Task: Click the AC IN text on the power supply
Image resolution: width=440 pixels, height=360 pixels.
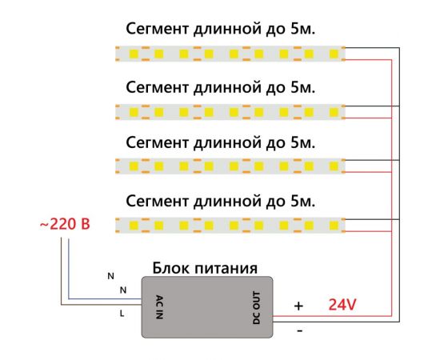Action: (x=158, y=307)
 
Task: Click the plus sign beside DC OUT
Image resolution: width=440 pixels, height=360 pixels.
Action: (x=298, y=305)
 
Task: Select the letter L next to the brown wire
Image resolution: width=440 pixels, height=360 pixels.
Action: (x=122, y=314)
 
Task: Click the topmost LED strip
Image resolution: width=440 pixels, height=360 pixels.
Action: (x=230, y=54)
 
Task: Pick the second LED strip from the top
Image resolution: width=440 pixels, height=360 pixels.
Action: (x=230, y=110)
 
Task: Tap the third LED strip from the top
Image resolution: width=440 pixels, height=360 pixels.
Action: (x=230, y=166)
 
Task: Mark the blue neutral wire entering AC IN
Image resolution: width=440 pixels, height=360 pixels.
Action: (x=104, y=298)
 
